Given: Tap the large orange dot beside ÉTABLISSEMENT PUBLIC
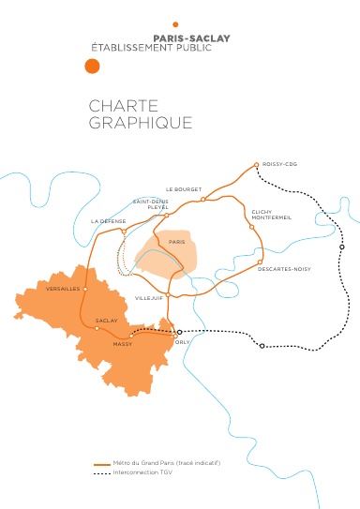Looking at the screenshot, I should click(x=91, y=66).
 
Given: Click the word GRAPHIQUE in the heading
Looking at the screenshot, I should click(x=141, y=123).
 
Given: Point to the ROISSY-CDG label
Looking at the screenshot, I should click(x=279, y=165).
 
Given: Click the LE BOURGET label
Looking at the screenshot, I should click(x=184, y=189).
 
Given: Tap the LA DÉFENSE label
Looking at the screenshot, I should click(x=107, y=220).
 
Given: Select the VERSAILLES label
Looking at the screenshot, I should click(x=62, y=289).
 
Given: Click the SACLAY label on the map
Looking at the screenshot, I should click(x=107, y=321).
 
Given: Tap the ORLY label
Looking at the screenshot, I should click(x=183, y=343).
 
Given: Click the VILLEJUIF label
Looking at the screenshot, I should click(x=149, y=297).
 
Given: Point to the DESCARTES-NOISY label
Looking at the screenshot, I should click(x=284, y=269).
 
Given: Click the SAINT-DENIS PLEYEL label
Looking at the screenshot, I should click(x=150, y=204).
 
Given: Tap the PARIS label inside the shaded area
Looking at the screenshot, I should click(x=176, y=242).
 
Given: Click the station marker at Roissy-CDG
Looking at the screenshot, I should click(x=256, y=165).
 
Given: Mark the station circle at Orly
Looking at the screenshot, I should click(x=180, y=332).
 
